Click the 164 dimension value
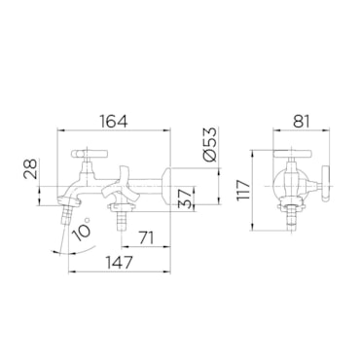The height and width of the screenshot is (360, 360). tap(114, 122)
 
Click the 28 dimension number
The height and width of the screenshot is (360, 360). tap(30, 169)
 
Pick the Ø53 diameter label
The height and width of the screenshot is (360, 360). tap(209, 144)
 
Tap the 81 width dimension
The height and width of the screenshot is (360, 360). tap(302, 122)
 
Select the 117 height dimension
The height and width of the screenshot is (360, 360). tap(243, 191)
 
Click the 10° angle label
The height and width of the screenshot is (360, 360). tap(81, 230)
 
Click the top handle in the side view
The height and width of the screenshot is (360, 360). tap(89, 153)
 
